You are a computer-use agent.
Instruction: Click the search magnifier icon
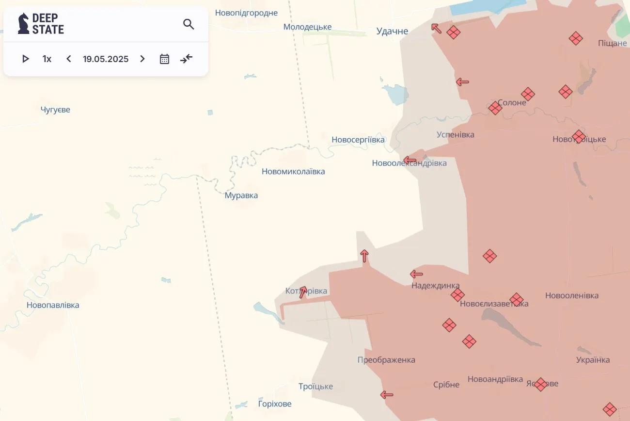[x=189, y=24]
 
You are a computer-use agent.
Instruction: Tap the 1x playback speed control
[x=47, y=59]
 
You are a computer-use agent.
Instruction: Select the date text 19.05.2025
[x=106, y=59]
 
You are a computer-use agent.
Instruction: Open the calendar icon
[x=164, y=59]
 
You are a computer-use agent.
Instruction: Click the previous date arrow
[x=69, y=59]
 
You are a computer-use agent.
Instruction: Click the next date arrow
[x=142, y=59]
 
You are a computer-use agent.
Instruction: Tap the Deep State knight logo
[x=23, y=24]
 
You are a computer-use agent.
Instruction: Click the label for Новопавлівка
[x=53, y=305]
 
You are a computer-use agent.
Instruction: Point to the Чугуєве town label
[x=55, y=110]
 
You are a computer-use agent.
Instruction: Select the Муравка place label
[x=241, y=195]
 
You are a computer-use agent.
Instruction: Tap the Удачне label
[x=393, y=31]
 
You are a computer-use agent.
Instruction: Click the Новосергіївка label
[x=358, y=140]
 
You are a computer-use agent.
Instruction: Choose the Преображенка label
[x=386, y=360]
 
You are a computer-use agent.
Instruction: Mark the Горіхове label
[x=275, y=404]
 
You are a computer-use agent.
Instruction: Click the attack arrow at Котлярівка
[x=303, y=291]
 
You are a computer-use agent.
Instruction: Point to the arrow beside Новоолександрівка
[x=409, y=160]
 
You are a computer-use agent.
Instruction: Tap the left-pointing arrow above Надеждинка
[x=416, y=274]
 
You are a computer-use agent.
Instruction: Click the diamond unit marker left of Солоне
[x=495, y=108]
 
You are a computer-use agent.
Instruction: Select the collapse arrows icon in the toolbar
[x=187, y=59]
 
